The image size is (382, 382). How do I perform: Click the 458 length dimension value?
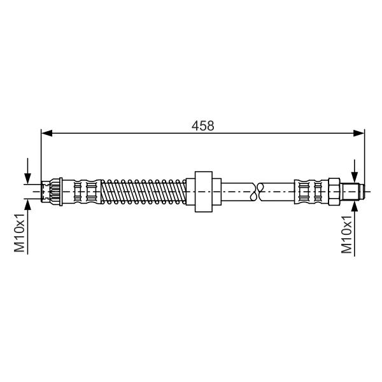point(202,125)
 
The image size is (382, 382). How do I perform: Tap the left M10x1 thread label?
point(20,233)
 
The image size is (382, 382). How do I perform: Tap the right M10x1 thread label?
point(346,234)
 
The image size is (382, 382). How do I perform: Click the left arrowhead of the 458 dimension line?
point(46,133)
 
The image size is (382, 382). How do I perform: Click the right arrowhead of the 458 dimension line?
point(359,133)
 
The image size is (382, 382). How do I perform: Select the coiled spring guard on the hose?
point(143,192)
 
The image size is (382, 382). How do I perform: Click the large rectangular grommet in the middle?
point(204,192)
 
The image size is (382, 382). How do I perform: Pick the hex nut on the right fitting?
point(334,192)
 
